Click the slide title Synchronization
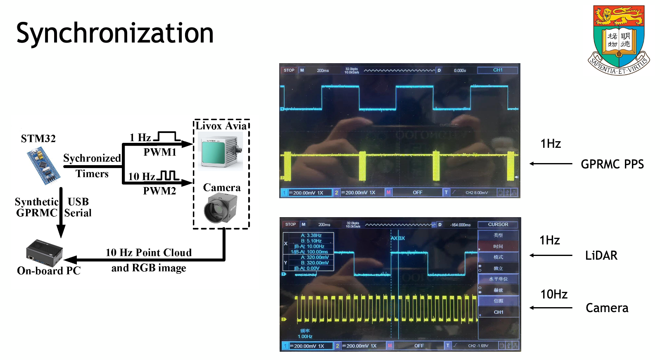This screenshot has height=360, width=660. coord(115,33)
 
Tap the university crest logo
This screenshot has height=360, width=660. coord(618,40)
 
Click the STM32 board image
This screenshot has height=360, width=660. coord(43,166)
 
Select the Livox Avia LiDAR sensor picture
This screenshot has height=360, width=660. coord(220,151)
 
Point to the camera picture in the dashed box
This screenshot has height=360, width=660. coord(220,208)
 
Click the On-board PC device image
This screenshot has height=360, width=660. coord(44,252)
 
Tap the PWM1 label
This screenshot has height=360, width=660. coord(160,152)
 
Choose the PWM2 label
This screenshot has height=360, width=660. coord(159,191)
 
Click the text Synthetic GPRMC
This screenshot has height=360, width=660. coord(36,207)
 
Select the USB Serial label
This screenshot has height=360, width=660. coord(78,207)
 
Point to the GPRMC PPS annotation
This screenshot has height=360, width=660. coord(612,164)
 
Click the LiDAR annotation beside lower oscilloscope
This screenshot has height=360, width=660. coord(601,256)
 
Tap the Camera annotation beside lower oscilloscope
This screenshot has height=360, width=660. coord(607,308)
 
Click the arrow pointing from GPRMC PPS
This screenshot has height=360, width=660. coord(551,164)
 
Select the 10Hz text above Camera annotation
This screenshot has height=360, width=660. coord(554,294)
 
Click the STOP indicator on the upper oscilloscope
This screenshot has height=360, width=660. coord(289,70)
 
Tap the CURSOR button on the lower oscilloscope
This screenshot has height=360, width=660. coord(498,225)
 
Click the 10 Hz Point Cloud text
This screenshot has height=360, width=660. coord(149,253)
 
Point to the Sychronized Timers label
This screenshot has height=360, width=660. coord(92,166)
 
